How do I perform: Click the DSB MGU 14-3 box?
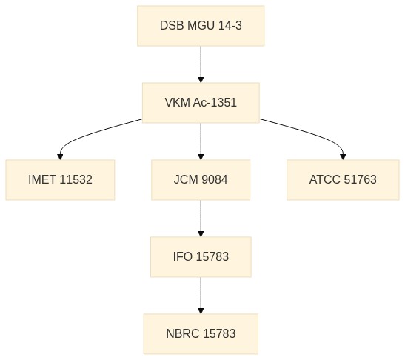click(201, 26)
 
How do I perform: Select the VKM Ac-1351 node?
click(201, 103)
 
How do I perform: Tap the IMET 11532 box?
click(60, 180)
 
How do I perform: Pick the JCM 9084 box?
click(201, 180)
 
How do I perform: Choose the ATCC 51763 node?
click(343, 180)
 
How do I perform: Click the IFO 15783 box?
click(201, 257)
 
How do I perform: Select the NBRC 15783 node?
click(201, 333)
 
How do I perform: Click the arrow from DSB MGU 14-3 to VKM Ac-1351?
click(201, 64)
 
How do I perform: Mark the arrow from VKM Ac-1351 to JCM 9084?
click(201, 141)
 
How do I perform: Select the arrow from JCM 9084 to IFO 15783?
click(201, 219)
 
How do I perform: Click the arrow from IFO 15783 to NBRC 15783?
click(201, 296)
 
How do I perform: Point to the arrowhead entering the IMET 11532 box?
click(60, 156)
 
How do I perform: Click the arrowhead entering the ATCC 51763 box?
click(343, 156)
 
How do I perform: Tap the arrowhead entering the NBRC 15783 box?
click(201, 310)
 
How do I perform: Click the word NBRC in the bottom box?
click(183, 333)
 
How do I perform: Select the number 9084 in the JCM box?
click(215, 179)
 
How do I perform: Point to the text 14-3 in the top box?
click(230, 26)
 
